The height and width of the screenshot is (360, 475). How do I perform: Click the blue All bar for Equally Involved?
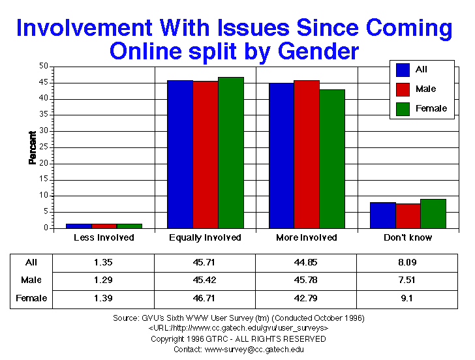[179, 154]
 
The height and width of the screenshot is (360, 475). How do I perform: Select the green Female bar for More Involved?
[332, 158]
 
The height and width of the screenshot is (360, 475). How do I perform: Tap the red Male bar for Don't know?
[408, 216]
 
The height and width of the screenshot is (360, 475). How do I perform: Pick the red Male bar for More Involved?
[307, 154]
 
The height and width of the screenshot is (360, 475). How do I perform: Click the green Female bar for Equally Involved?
[230, 153]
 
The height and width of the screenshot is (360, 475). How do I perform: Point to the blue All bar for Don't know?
[382, 215]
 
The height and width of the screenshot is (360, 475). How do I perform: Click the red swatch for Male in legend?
[403, 89]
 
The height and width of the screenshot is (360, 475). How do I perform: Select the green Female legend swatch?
[403, 109]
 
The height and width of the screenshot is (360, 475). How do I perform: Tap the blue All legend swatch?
[403, 70]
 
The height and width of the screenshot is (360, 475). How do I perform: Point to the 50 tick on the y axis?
[44, 66]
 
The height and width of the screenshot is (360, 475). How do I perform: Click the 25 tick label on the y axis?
[44, 147]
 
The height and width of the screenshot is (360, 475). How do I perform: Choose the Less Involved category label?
[104, 237]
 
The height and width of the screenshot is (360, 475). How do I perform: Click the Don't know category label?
[408, 237]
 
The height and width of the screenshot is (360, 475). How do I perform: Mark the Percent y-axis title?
[32, 147]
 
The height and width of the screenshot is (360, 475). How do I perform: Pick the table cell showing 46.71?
[205, 298]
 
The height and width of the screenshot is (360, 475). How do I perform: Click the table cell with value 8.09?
[408, 262]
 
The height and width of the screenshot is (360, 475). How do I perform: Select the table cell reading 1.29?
[104, 280]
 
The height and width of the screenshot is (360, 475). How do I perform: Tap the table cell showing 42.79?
[307, 298]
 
